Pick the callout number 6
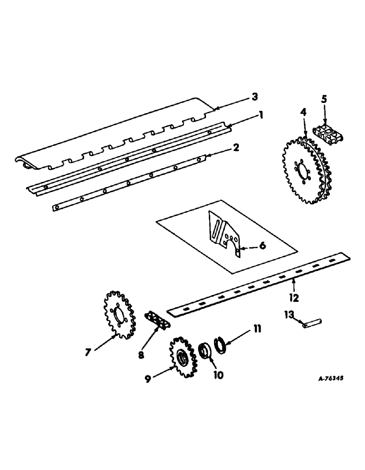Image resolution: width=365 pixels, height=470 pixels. (x=262, y=245)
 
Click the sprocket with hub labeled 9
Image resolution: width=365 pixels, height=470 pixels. (x=181, y=359)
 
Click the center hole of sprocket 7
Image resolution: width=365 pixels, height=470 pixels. (x=118, y=315)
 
